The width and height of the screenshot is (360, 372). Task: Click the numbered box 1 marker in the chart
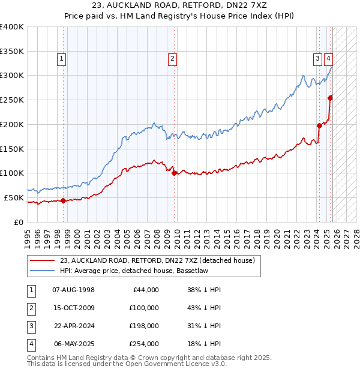(x=62, y=58)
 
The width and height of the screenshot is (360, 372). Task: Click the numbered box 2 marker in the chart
(x=172, y=58)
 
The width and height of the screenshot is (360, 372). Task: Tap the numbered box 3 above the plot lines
(x=317, y=58)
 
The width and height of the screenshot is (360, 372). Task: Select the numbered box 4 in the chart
(x=329, y=58)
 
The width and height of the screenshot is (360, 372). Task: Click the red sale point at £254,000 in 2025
(x=330, y=98)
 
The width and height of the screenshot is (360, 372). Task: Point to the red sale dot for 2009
(x=174, y=173)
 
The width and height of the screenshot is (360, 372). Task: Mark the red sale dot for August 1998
(x=63, y=200)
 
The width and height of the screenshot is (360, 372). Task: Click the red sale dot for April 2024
(x=319, y=125)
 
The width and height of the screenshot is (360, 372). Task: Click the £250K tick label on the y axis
(x=12, y=100)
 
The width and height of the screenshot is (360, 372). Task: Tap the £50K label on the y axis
(x=14, y=197)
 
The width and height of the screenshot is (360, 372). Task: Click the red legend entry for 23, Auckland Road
(x=157, y=260)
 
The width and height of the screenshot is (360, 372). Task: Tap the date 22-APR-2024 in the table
(x=74, y=326)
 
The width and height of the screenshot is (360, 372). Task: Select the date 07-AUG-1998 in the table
(x=74, y=290)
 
